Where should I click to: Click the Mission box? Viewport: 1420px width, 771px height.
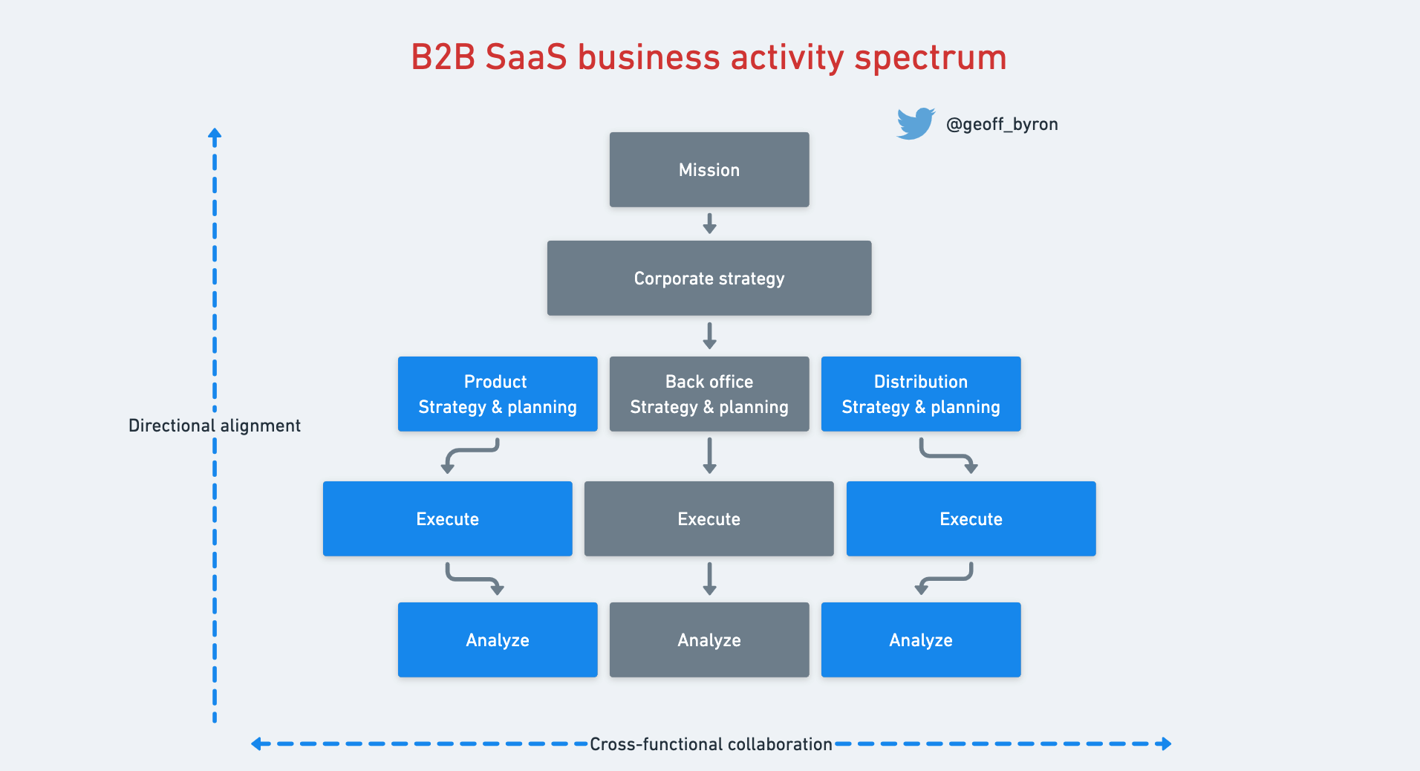pyautogui.click(x=709, y=169)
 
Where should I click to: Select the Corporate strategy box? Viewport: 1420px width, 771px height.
pyautogui.click(x=709, y=278)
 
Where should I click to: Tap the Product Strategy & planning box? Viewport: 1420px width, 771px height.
pyautogui.click(x=498, y=394)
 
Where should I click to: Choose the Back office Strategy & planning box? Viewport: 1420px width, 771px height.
pyautogui.click(x=709, y=394)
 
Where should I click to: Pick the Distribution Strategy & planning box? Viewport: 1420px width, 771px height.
pyautogui.click(x=921, y=394)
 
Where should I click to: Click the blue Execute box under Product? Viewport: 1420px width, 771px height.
pyautogui.click(x=448, y=518)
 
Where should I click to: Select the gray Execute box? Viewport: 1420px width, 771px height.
pyautogui.click(x=709, y=518)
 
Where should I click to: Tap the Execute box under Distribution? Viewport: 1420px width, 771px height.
pyautogui.click(x=971, y=518)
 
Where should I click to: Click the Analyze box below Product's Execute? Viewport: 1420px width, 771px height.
pyautogui.click(x=498, y=640)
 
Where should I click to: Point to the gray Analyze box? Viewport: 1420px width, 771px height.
pyautogui.click(x=709, y=640)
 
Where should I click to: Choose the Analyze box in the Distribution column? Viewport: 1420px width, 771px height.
pyautogui.click(x=921, y=640)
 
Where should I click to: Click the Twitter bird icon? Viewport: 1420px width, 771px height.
pyautogui.click(x=916, y=123)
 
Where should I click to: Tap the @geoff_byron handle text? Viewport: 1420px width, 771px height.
pyautogui.click(x=1002, y=124)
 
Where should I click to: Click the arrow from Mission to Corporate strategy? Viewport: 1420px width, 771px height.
pyautogui.click(x=710, y=224)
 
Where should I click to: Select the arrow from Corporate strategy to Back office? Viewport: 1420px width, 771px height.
pyautogui.click(x=710, y=336)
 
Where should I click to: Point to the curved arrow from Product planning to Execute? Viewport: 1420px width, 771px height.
pyautogui.click(x=471, y=455)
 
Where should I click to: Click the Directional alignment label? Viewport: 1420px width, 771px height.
pyautogui.click(x=214, y=426)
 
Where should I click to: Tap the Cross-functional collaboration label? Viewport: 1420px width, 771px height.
pyautogui.click(x=711, y=744)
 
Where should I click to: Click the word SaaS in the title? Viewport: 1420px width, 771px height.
pyautogui.click(x=526, y=57)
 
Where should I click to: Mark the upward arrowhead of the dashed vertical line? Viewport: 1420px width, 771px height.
pyautogui.click(x=215, y=135)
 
